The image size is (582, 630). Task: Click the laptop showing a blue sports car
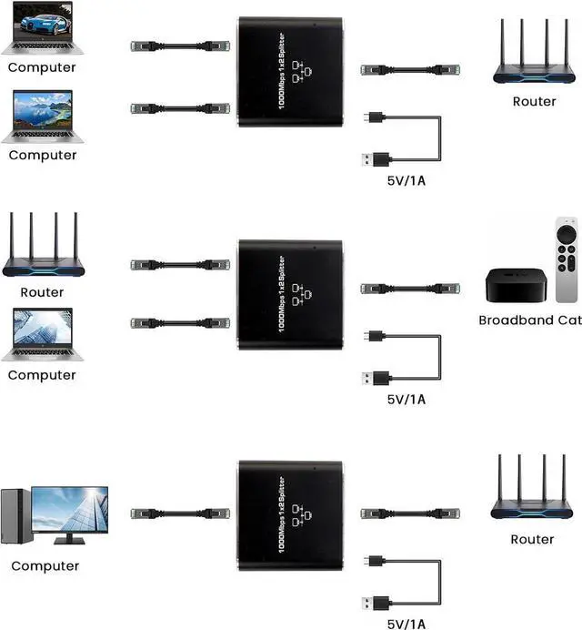point(42,27)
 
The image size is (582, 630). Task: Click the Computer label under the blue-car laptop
point(43,67)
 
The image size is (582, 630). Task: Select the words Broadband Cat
point(530,320)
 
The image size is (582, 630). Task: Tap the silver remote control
point(567,260)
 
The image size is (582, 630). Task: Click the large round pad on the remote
point(567,235)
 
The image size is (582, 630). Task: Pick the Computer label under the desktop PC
point(45,565)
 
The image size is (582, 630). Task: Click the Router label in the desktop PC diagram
point(532,539)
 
